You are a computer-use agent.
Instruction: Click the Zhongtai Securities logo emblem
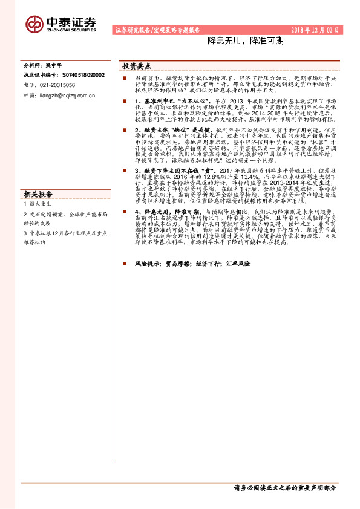[34, 24]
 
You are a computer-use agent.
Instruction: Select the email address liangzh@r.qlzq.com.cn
[67, 95]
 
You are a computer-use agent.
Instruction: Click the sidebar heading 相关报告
[38, 195]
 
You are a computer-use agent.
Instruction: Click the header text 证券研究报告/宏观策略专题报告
[157, 30]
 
